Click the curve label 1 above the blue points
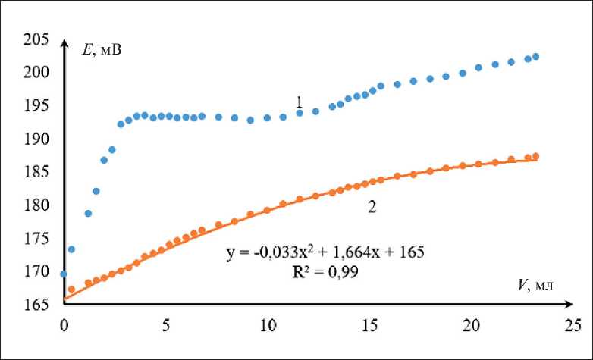coord(300,101)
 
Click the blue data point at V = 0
coord(64,274)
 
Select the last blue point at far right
coord(535,56)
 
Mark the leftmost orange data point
coord(71,289)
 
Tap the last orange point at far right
coord(536,156)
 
